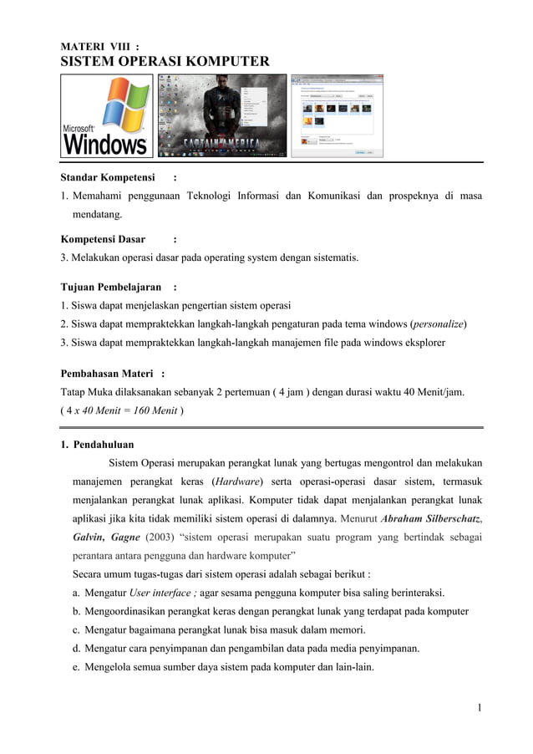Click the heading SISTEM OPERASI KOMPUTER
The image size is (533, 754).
tap(165, 61)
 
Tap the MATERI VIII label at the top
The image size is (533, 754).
tap(99, 44)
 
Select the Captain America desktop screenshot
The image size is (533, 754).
tap(221, 115)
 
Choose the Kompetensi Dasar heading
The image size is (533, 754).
tap(103, 239)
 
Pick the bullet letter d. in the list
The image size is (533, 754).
tap(77, 649)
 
